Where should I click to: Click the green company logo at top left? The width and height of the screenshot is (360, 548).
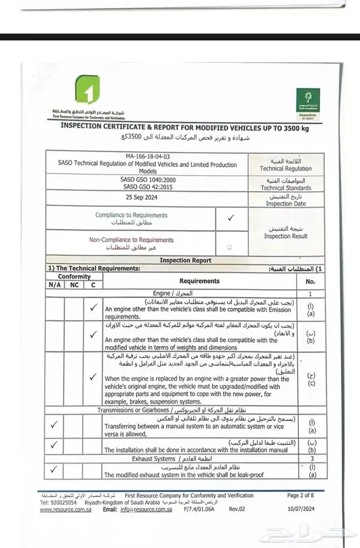click(x=87, y=91)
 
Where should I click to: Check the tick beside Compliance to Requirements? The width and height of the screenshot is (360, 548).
click(x=230, y=218)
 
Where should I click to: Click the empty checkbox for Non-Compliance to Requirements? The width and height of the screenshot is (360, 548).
click(x=229, y=247)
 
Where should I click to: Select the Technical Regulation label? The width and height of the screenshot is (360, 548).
click(x=286, y=165)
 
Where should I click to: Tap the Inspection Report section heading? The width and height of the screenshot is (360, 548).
click(x=185, y=260)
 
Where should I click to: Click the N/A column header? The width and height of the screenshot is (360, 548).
click(x=54, y=285)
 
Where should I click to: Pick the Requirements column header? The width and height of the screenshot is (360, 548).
click(x=200, y=281)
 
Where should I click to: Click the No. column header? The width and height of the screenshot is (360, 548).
click(x=310, y=281)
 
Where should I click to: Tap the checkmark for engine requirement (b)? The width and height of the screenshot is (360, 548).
click(x=93, y=335)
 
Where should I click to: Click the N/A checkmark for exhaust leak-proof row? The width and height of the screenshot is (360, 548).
click(x=55, y=470)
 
